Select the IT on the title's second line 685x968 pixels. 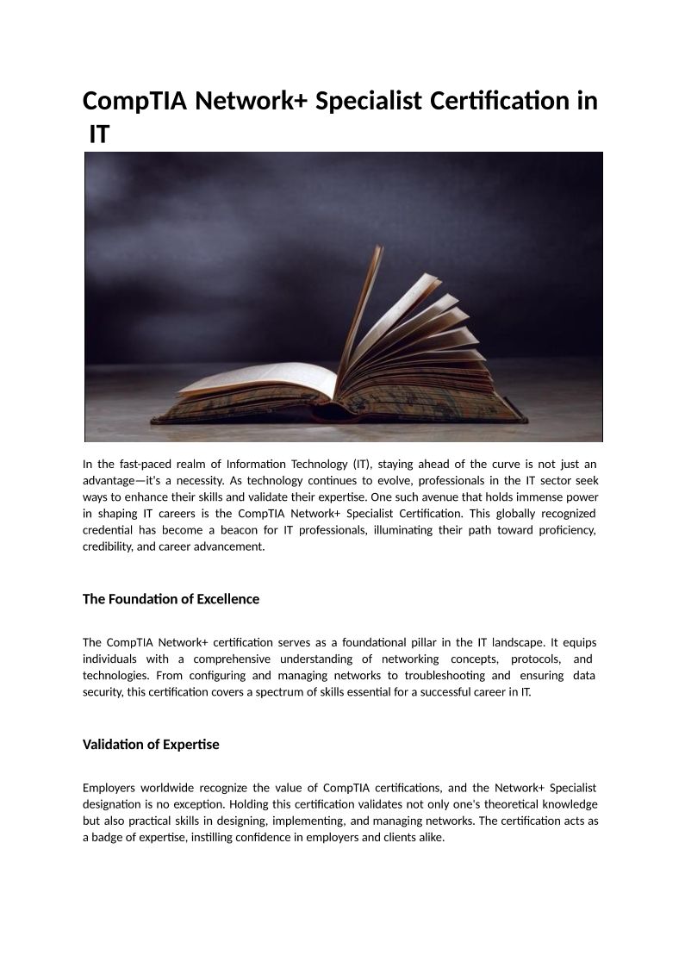point(100,135)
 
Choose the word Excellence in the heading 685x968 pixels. point(227,599)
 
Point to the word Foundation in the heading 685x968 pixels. point(140,599)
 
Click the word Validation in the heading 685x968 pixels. point(110,745)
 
